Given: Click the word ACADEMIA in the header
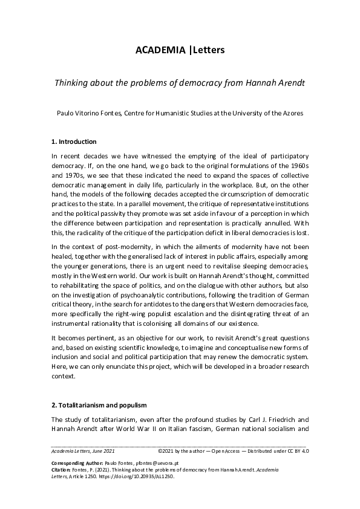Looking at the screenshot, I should [x=160, y=50].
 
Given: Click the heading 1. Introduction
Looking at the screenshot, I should [x=74, y=142].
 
